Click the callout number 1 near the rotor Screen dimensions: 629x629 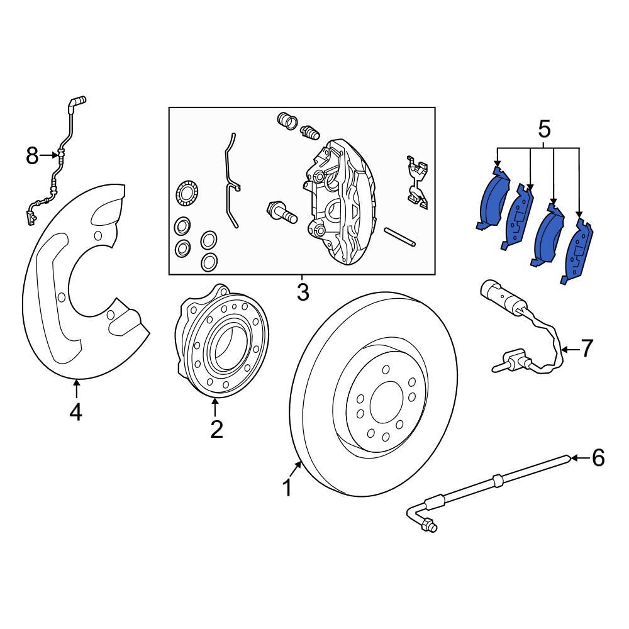click(287, 487)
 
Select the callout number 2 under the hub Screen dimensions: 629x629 click(216, 429)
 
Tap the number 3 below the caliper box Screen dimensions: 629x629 click(303, 292)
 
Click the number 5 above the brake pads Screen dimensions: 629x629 click(544, 130)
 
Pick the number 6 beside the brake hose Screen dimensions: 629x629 click(598, 458)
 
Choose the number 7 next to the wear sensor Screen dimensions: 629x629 click(586, 348)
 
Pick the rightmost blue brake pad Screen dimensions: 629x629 click(579, 252)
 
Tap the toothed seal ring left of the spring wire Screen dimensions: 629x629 click(187, 192)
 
